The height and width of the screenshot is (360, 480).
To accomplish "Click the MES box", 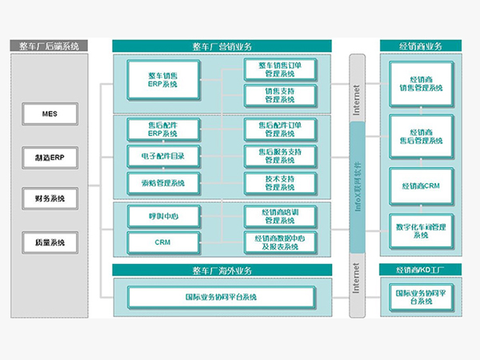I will tap(49, 114).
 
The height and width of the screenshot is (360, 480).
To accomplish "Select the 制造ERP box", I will tap(49, 157).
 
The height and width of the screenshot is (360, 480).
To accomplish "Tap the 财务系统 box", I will tap(49, 198).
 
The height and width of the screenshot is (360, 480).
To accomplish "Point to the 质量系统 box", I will tap(49, 241).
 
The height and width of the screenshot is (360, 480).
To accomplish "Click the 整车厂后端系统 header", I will tap(49, 46).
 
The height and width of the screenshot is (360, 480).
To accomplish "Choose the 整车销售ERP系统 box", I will tap(162, 81).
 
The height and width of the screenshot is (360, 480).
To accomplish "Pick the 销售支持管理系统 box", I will tap(279, 96).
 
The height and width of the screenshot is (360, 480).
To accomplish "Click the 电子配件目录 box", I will tap(162, 155).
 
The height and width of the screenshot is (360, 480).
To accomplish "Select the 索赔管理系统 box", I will tap(162, 182).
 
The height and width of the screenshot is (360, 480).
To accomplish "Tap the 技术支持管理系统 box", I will tap(279, 182).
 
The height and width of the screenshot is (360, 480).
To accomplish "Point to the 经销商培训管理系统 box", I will tap(279, 215).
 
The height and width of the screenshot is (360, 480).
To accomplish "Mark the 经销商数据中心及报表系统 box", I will tap(279, 242).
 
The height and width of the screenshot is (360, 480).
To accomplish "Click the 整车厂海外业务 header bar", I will tap(228, 270).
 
